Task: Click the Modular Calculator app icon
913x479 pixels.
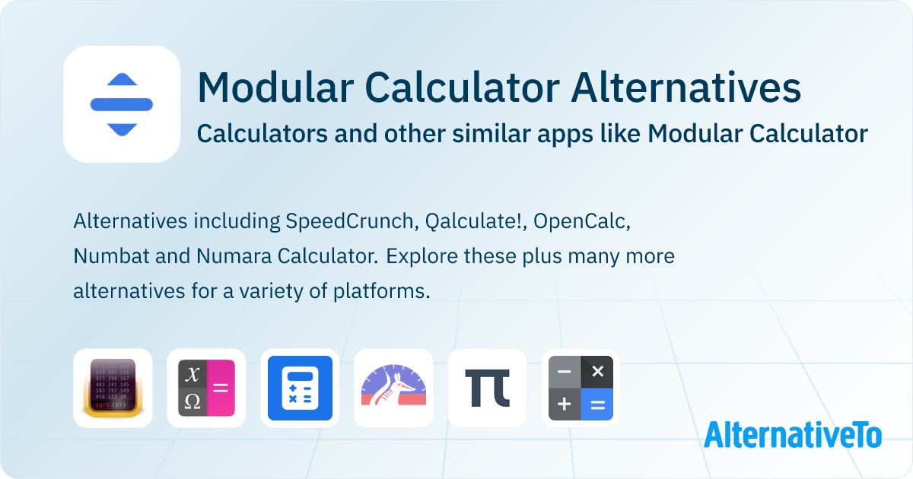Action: [x=122, y=104]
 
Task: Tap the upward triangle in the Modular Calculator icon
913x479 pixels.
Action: [x=122, y=80]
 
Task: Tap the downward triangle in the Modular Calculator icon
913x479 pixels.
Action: [x=122, y=128]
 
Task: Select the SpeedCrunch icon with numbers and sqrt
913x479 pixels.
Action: [x=113, y=388]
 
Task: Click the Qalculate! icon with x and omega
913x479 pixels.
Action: [x=207, y=388]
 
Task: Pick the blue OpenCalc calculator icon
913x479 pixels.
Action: [x=301, y=388]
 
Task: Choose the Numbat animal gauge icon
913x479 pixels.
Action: [x=394, y=388]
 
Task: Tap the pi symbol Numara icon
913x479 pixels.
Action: [x=488, y=388]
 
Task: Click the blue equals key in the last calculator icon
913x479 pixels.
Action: [x=597, y=404]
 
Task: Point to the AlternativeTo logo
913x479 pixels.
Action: [x=793, y=434]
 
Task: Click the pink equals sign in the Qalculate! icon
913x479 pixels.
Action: [x=221, y=388]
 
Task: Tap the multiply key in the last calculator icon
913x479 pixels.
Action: [x=597, y=372]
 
